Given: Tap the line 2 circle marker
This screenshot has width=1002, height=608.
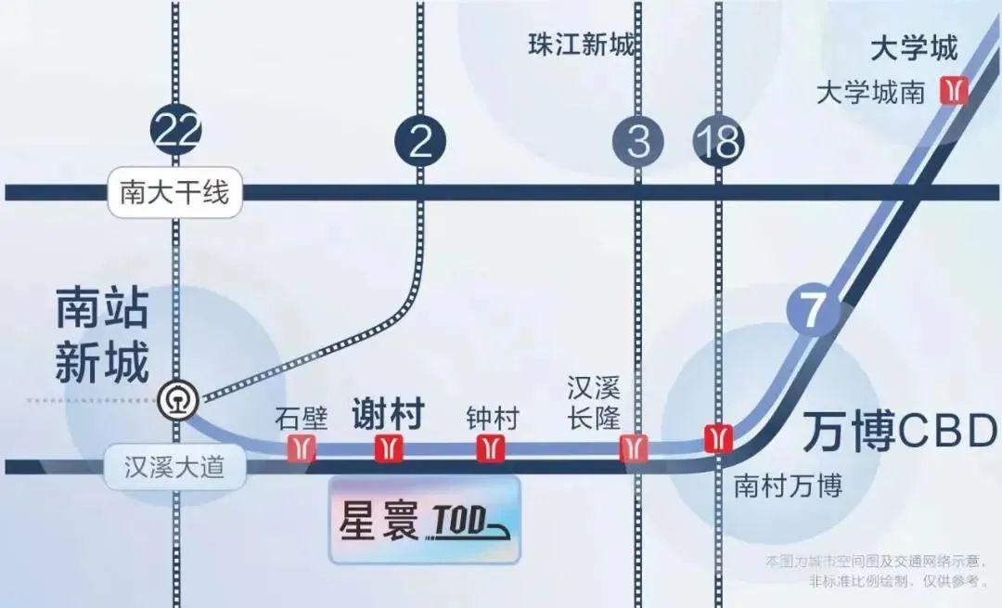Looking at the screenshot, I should coord(420,140).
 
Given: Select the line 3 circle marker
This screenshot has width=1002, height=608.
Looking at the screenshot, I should coord(638,141).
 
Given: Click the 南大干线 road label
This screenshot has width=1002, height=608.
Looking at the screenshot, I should coord(174,193).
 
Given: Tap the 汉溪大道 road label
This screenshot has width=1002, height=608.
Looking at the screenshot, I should coord(174,466).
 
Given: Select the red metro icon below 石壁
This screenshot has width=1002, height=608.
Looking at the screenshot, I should coord(302,448).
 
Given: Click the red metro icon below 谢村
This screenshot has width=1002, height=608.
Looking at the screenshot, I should coord(389,448).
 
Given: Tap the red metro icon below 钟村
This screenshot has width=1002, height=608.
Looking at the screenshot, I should coord(489,448).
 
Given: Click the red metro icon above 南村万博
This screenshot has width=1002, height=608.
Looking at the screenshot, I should coord(719,436).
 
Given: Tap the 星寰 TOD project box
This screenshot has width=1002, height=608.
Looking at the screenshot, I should coord(425,521).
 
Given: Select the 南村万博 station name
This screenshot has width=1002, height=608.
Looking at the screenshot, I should coord(788,485).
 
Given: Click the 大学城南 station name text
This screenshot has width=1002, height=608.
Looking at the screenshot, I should coord(870,92).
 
